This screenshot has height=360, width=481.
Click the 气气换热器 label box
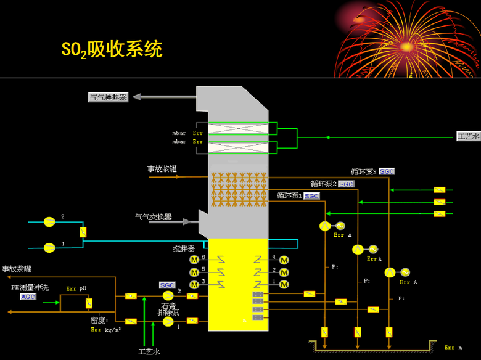coord(109,97)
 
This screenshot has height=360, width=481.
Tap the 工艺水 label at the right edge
coord(468,136)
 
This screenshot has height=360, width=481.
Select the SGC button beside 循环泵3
coord(387,171)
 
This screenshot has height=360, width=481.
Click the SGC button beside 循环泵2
coord(347,184)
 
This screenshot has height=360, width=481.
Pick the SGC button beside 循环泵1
coord(312,196)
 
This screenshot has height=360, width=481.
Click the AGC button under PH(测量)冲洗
coord(28,297)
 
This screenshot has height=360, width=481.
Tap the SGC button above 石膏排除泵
coord(167,285)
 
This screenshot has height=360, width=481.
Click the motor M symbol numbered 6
coord(194,260)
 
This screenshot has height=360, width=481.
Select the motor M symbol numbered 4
coord(284,260)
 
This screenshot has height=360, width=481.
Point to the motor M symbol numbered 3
coord(194,284)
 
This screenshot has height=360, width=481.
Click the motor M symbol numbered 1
coord(284,284)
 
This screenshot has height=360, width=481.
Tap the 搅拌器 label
coord(184,248)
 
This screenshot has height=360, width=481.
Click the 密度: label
coord(99,320)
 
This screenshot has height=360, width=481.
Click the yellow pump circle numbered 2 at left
coord(49,221)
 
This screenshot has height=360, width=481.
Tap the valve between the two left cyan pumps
coord(83,232)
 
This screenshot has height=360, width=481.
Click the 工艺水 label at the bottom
coord(149,351)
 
